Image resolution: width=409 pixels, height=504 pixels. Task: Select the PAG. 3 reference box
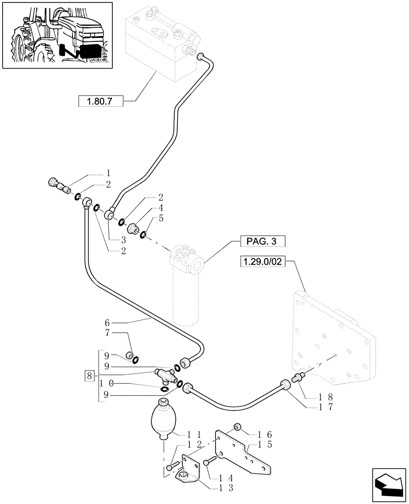click(262, 241)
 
